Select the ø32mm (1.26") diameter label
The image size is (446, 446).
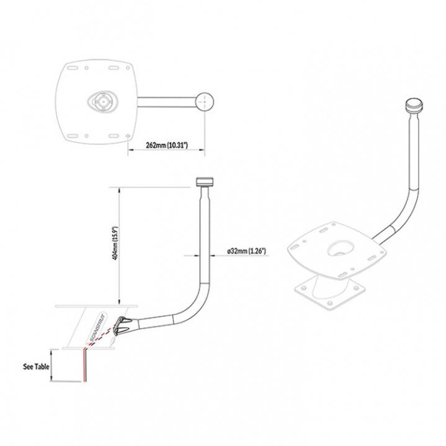tap(246, 251)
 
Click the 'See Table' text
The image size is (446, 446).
tap(35, 366)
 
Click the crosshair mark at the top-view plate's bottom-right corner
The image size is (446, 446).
tap(127, 135)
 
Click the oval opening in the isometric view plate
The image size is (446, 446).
tap(339, 248)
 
